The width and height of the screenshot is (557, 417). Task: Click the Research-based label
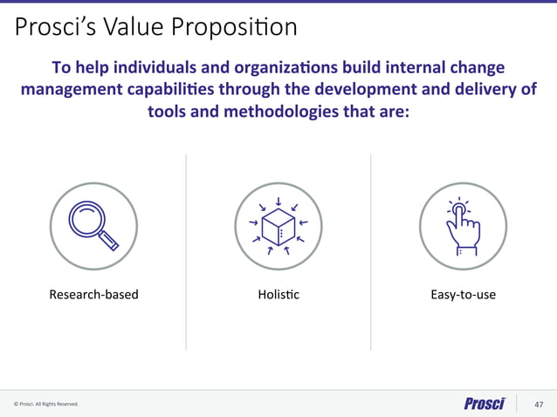pyautogui.click(x=93, y=295)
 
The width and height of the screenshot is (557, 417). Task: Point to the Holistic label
pyautogui.click(x=278, y=295)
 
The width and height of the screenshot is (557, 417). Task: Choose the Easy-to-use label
pyautogui.click(x=463, y=295)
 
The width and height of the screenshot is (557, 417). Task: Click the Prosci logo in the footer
pyautogui.click(x=485, y=403)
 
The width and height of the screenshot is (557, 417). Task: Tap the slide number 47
pyautogui.click(x=540, y=404)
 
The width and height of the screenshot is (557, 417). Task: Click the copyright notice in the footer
pyautogui.click(x=46, y=405)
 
